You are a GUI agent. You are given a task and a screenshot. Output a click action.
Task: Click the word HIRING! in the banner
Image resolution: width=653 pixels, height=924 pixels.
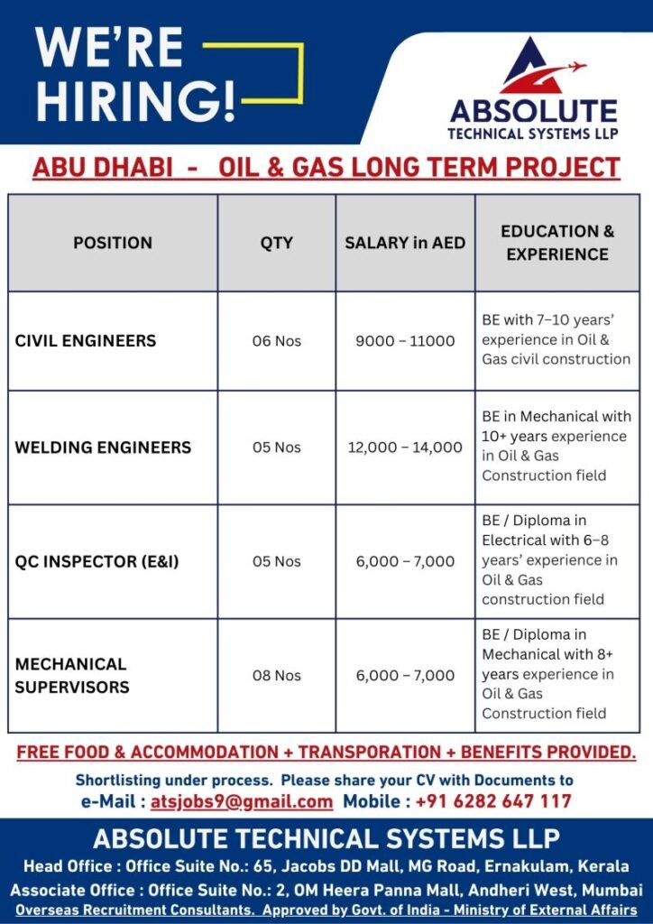(136, 101)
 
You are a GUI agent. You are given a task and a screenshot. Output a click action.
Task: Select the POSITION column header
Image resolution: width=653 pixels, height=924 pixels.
(113, 243)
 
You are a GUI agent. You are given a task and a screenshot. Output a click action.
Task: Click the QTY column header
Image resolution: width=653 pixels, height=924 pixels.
(277, 243)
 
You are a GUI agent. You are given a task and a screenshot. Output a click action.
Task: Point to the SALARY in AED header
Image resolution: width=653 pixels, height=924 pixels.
(405, 243)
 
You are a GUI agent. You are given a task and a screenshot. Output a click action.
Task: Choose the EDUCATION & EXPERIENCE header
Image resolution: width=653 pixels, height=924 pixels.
(557, 243)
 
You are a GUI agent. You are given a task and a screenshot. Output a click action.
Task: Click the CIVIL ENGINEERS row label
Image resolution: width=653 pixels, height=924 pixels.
(86, 341)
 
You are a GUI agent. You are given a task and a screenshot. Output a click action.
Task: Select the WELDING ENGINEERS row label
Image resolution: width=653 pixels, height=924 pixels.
(103, 448)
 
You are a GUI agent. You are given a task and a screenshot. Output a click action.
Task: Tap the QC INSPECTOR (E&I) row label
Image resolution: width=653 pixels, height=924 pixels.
(97, 561)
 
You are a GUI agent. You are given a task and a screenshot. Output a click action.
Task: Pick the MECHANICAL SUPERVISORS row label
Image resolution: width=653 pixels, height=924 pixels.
(72, 675)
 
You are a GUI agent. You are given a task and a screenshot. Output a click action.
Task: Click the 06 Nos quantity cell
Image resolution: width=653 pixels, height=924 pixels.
(277, 341)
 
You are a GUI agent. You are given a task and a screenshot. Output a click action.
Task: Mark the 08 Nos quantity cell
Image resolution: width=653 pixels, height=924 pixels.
(277, 675)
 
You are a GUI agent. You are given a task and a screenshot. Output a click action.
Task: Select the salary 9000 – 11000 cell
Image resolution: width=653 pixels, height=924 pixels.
(405, 341)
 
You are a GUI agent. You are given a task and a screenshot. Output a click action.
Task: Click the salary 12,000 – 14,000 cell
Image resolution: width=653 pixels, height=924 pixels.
(405, 448)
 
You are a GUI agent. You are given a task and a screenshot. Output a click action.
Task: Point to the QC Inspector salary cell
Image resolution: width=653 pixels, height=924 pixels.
(405, 561)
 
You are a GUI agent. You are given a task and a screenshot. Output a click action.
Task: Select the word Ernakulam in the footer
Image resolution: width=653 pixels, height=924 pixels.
(514, 866)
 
